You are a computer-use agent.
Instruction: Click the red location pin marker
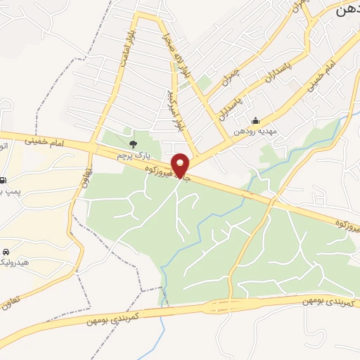coord(181,165)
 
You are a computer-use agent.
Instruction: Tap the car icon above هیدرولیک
coord(6,251)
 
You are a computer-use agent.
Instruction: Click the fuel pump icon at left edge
coord(4,180)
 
